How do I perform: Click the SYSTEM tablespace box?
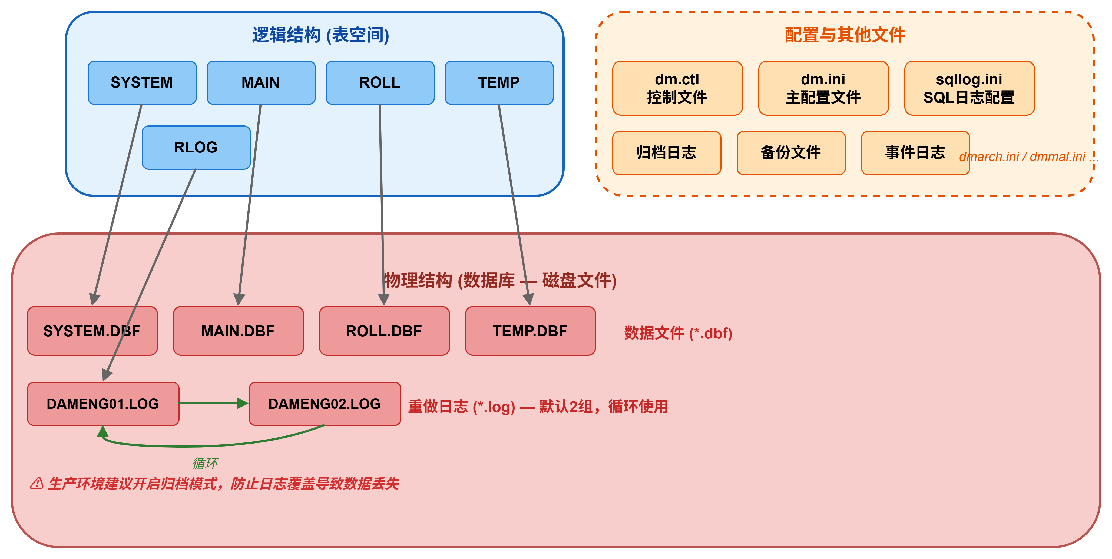pyautogui.click(x=142, y=83)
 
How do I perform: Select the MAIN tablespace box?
pyautogui.click(x=261, y=83)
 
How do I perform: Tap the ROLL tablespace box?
pyautogui.click(x=380, y=83)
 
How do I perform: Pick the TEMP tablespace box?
pyautogui.click(x=499, y=83)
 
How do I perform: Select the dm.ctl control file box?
pyautogui.click(x=677, y=88)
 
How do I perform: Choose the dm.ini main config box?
pyautogui.click(x=823, y=88)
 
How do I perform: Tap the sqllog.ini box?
pyautogui.click(x=969, y=88)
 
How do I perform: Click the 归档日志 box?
pyautogui.click(x=667, y=153)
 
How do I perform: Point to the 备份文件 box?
pyautogui.click(x=791, y=153)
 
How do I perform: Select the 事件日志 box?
pyautogui.click(x=915, y=153)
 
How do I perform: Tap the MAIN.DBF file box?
pyautogui.click(x=238, y=331)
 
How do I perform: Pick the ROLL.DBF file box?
pyautogui.click(x=384, y=331)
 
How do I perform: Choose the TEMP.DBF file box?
pyautogui.click(x=530, y=331)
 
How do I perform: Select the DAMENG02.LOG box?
pyautogui.click(x=325, y=404)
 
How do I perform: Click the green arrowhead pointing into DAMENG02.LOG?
pyautogui.click(x=243, y=403)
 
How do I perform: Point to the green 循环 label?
pyautogui.click(x=205, y=463)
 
